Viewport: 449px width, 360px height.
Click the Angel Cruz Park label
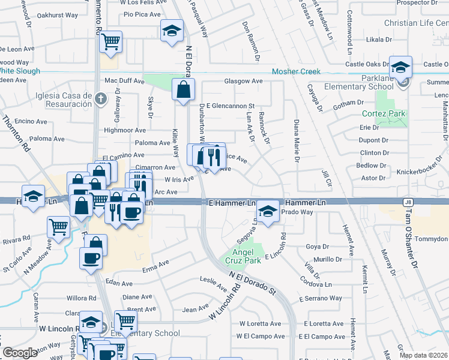pos(247,256)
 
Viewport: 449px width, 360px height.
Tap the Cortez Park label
pos(384,113)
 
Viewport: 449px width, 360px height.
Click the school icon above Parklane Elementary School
pos(400,67)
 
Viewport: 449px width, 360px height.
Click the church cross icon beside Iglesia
pos(101,98)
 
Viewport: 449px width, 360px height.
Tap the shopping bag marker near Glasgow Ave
pos(182,90)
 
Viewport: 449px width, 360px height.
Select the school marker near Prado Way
pos(268,211)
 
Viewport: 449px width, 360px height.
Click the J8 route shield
pos(408,203)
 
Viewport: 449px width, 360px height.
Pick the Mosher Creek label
pos(296,71)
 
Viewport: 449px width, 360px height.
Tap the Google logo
pos(20,353)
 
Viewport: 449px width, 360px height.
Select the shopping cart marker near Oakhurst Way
pos(110,42)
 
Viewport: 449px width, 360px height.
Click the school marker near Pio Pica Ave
pos(172,31)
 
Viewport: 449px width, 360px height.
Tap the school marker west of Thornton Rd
pos(34,196)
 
